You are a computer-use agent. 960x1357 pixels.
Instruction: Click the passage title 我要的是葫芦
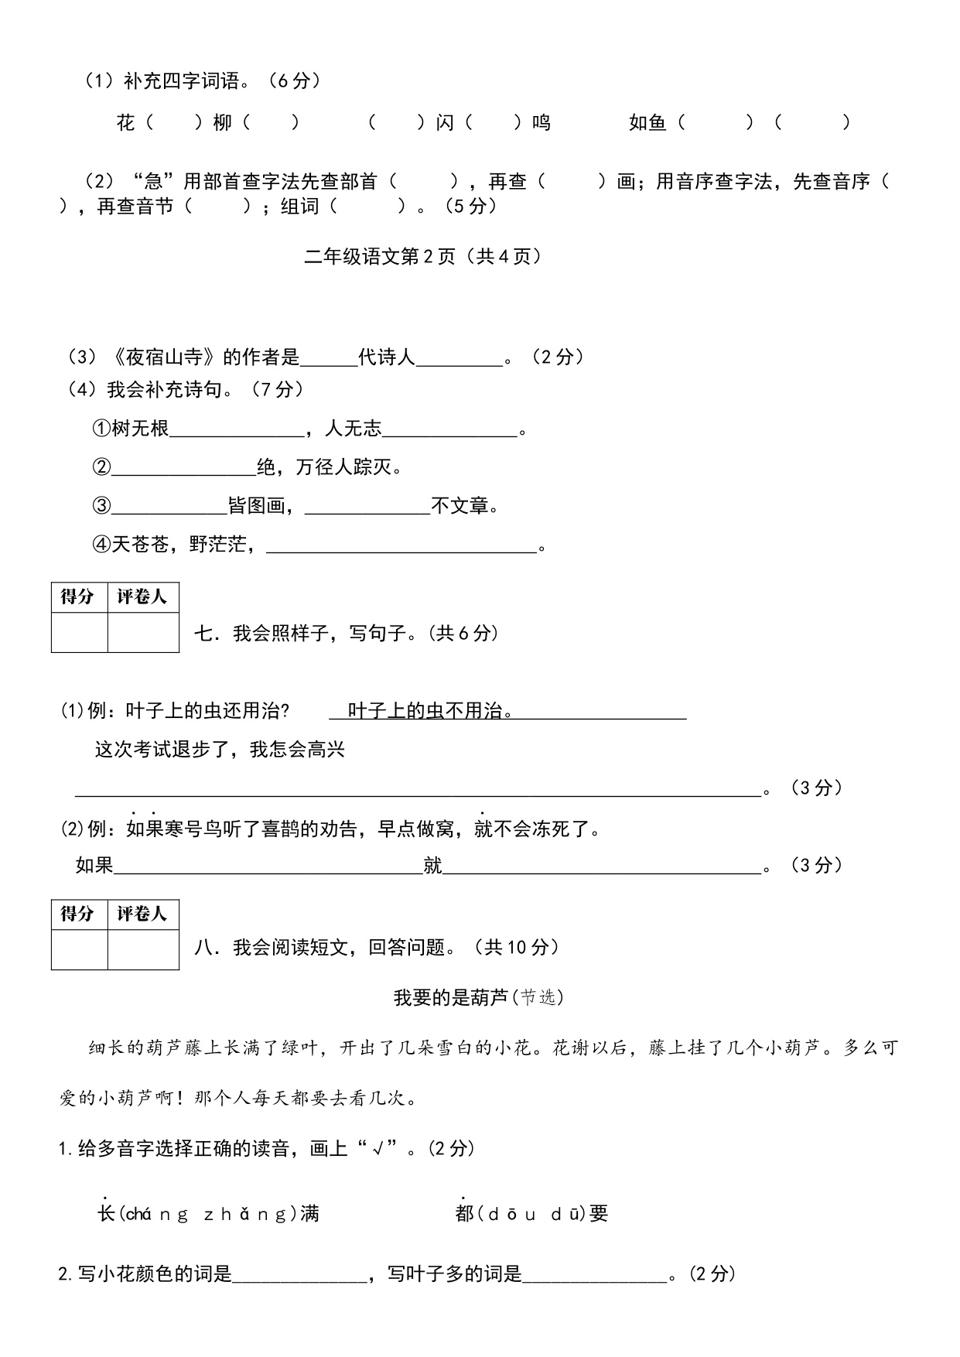coord(450,998)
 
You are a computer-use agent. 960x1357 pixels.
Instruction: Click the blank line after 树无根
coord(236,430)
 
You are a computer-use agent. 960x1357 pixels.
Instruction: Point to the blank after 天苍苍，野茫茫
coord(401,546)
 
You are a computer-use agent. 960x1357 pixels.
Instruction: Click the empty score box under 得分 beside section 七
coord(79,633)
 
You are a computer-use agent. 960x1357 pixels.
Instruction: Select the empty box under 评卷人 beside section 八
coord(143,950)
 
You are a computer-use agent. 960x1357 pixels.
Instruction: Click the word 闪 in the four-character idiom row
coord(445,122)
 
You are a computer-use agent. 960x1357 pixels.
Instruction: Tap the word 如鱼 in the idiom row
coord(647,122)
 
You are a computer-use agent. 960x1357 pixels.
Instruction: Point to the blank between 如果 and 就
coord(267,866)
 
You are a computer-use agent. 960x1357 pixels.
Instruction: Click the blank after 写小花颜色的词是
coord(299,1275)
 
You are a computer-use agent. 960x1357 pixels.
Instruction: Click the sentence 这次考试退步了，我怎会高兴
coord(220,750)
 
